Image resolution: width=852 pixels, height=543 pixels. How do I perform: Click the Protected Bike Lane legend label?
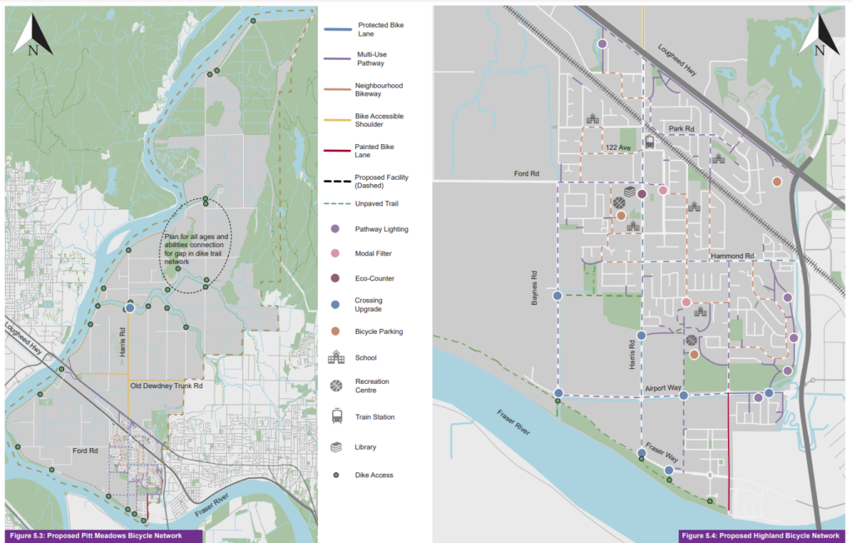tap(370, 28)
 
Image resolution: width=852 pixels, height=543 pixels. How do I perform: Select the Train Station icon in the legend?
tap(336, 416)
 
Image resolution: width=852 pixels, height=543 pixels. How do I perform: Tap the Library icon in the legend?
tap(336, 447)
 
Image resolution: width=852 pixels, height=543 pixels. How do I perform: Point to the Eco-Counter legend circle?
tap(336, 278)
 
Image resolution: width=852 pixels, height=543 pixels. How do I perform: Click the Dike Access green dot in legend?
tap(336, 475)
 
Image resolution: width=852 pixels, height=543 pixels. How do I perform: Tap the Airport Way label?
tap(661, 388)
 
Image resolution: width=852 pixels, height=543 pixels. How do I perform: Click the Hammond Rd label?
tap(731, 257)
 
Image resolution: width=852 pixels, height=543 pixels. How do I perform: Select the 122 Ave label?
tap(618, 147)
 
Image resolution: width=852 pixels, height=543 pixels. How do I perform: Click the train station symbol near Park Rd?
tap(649, 142)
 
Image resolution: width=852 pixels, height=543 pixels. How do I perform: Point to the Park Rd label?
tap(681, 129)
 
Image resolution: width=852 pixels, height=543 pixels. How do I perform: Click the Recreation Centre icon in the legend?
tap(336, 386)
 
